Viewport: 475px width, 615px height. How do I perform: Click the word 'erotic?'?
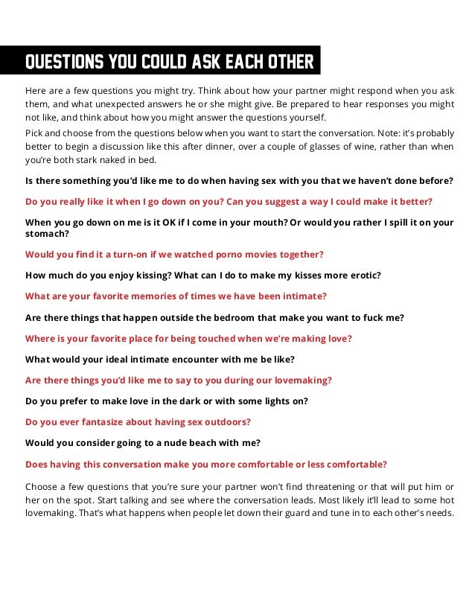coord(362,275)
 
